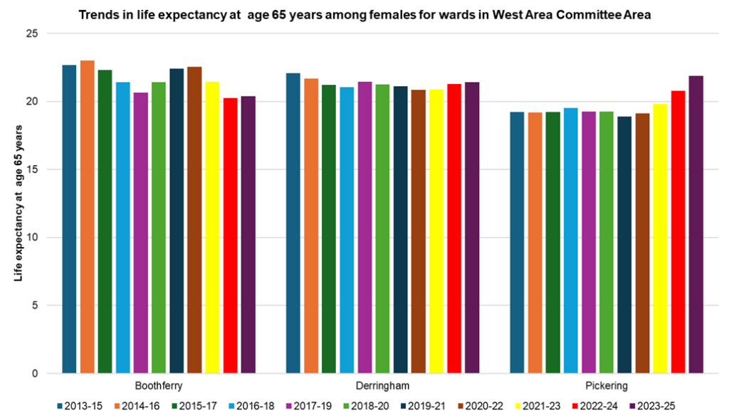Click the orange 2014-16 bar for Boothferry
pos(87,217)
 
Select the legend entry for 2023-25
pos(654,406)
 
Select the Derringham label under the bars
pos(382,387)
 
